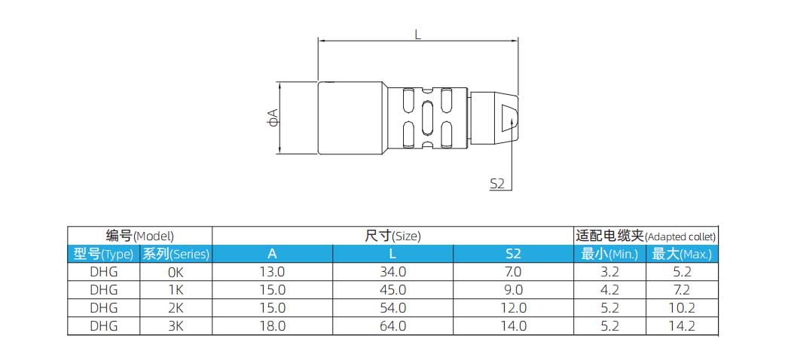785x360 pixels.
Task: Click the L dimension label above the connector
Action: tap(417, 33)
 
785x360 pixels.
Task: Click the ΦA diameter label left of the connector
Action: tap(273, 117)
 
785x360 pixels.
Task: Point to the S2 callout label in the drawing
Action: tap(496, 183)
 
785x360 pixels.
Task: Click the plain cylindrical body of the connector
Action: tap(352, 118)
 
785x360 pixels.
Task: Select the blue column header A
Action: tap(271, 254)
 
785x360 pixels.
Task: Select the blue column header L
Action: tap(392, 254)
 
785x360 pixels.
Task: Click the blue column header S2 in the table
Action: tap(513, 254)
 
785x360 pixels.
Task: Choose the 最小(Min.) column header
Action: tap(609, 254)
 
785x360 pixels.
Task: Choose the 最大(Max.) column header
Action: tap(681, 254)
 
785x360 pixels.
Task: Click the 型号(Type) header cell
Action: tap(104, 254)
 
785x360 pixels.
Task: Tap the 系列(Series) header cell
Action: tap(176, 254)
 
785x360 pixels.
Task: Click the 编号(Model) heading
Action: tap(139, 235)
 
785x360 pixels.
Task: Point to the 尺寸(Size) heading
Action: tap(392, 235)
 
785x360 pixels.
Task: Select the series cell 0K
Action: tap(175, 271)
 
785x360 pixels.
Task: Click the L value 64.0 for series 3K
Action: tap(392, 326)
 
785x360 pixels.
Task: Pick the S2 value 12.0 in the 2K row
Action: tap(513, 308)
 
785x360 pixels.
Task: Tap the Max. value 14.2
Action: tap(681, 326)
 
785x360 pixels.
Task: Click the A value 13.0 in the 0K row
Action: tap(271, 271)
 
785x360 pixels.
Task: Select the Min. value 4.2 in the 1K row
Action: tap(609, 289)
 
